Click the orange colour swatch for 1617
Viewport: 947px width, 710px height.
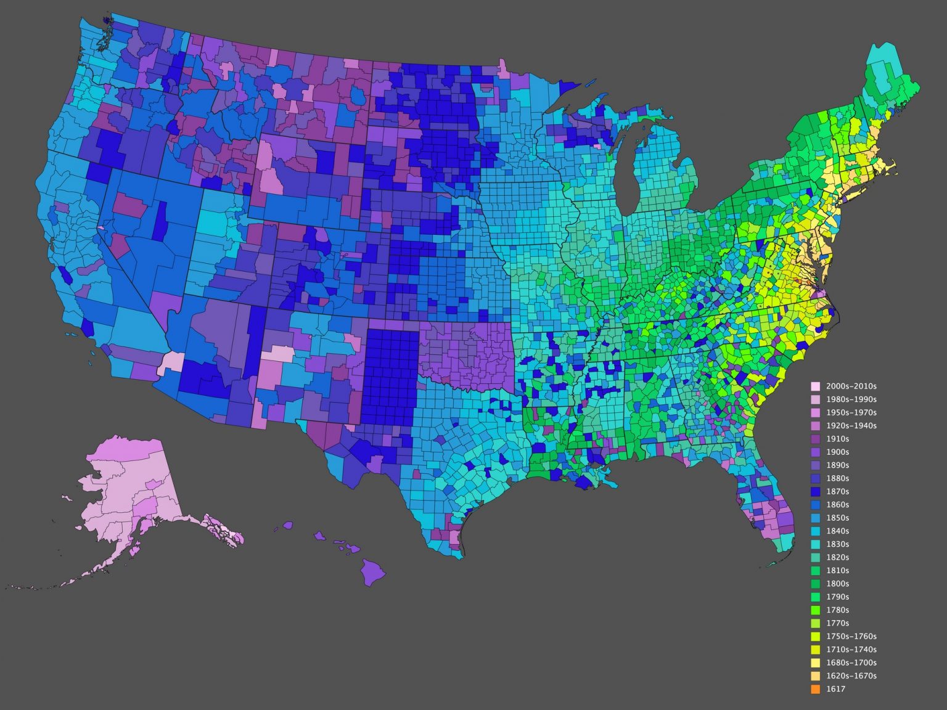(816, 689)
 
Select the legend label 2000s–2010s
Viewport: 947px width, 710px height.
(851, 386)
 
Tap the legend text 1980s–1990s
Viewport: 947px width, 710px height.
(851, 399)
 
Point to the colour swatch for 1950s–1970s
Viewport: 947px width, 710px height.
(816, 413)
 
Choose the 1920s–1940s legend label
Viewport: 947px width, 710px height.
(851, 426)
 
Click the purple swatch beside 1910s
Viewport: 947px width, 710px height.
(816, 439)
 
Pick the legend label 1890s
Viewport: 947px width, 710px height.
(837, 465)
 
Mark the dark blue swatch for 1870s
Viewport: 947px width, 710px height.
(816, 492)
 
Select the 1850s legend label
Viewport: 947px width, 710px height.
(837, 518)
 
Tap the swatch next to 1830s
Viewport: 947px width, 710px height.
(816, 544)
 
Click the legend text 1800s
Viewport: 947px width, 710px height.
(837, 584)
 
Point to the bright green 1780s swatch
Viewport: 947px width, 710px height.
(816, 610)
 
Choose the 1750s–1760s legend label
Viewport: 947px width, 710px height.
(851, 636)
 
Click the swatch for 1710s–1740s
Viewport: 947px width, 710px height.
(816, 650)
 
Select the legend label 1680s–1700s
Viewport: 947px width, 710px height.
(851, 663)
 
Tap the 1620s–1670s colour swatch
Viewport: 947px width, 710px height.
(816, 676)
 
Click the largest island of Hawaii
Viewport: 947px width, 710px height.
(372, 571)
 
